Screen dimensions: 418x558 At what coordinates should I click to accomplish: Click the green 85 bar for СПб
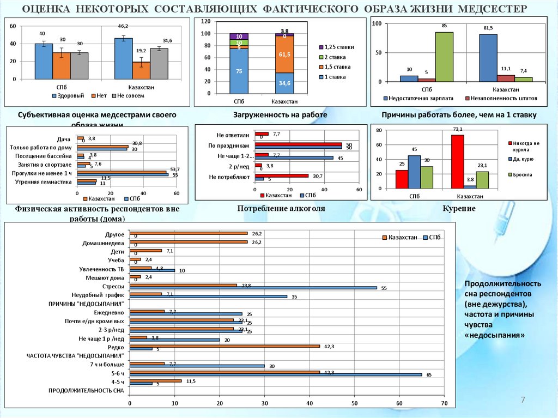[x=444, y=57]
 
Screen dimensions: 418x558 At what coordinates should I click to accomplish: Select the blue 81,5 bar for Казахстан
[x=488, y=58]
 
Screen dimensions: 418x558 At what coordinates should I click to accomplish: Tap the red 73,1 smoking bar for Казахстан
[x=458, y=161]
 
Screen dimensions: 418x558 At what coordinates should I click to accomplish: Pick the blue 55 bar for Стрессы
[x=253, y=288]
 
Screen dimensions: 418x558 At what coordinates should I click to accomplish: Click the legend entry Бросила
[x=521, y=175]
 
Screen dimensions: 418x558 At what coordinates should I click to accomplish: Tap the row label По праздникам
[x=229, y=146]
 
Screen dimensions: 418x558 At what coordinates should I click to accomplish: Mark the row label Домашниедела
[x=104, y=243]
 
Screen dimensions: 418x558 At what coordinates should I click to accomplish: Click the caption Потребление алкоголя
[x=281, y=209]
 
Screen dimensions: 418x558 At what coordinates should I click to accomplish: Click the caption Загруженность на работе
[x=280, y=116]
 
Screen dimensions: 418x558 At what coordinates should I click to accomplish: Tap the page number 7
[x=523, y=401]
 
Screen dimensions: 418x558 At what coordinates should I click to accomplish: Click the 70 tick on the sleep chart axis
[x=444, y=404]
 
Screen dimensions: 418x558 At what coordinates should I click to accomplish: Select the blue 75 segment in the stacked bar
[x=239, y=71]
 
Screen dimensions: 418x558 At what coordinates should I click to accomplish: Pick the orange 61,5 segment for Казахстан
[x=284, y=54]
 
